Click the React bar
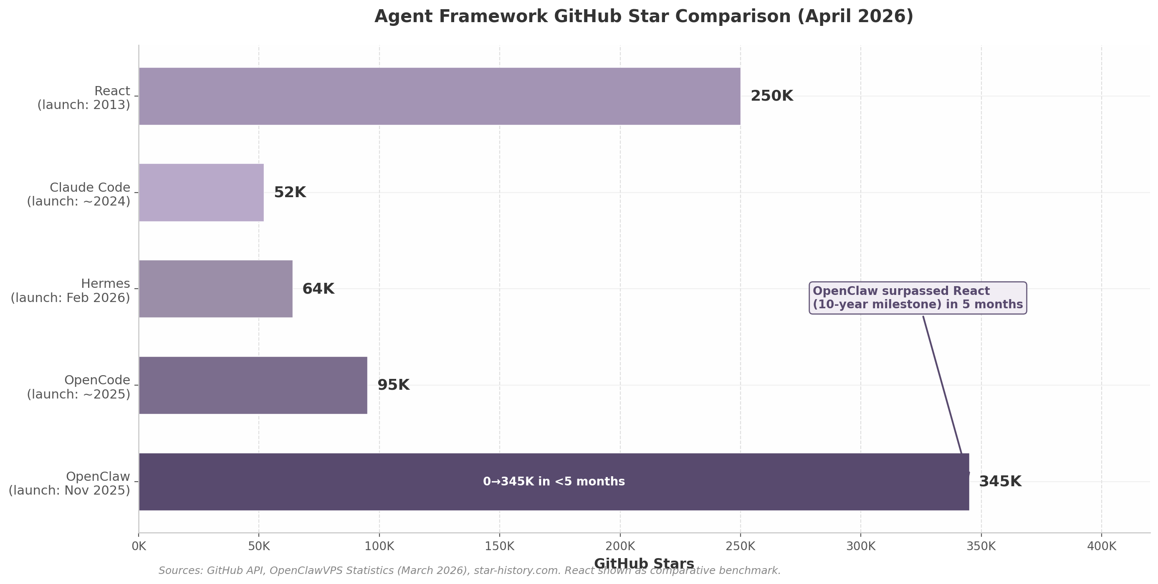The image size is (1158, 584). click(x=439, y=96)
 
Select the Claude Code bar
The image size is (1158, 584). click(x=201, y=193)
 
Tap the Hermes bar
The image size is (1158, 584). click(x=215, y=289)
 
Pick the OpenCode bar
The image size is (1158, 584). click(x=253, y=385)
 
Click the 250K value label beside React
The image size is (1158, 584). click(x=771, y=96)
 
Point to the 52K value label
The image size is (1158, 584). click(x=290, y=193)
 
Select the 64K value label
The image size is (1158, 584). click(x=318, y=289)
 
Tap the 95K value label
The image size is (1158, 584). click(x=393, y=385)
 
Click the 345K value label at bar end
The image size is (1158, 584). click(x=1000, y=481)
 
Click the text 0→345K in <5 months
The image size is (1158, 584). click(x=554, y=481)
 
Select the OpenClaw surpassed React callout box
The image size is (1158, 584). click(x=917, y=298)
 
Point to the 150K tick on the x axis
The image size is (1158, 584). click(x=499, y=547)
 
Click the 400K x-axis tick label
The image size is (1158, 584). click(x=1101, y=547)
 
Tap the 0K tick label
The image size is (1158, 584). click(x=139, y=547)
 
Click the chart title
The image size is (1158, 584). click(x=644, y=17)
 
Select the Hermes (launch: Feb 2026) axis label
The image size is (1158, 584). click(x=71, y=291)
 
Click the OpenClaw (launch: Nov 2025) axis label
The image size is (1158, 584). click(x=70, y=483)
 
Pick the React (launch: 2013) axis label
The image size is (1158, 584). click(x=84, y=98)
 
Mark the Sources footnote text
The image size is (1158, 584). click(x=469, y=571)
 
